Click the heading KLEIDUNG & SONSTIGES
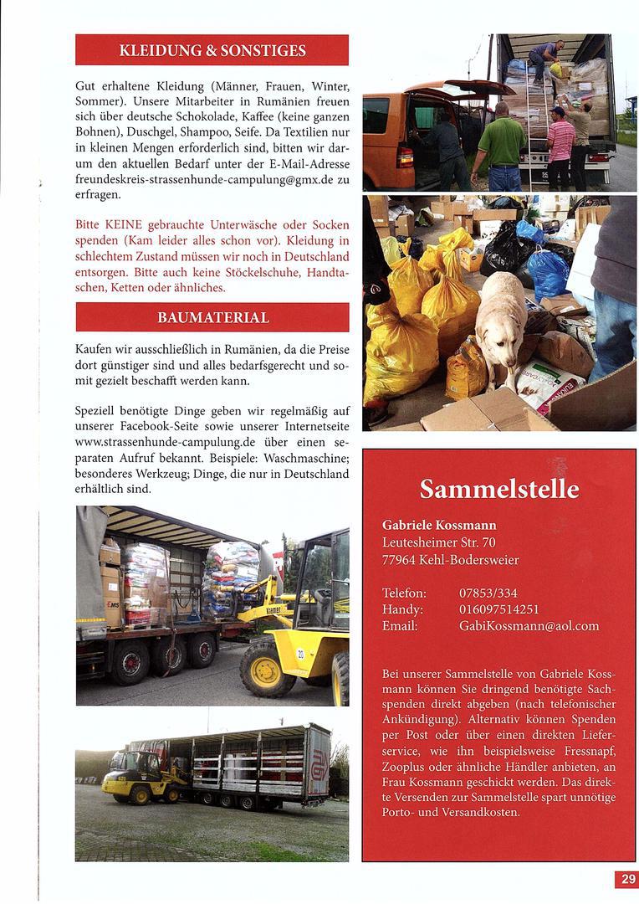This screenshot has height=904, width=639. (x=212, y=50)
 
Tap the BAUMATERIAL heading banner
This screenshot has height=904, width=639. (x=212, y=317)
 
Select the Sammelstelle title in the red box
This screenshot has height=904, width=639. (x=498, y=488)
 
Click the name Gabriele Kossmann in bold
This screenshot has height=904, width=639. (x=439, y=525)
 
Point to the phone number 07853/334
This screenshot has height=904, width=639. (x=488, y=593)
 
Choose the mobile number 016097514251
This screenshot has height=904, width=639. (x=498, y=609)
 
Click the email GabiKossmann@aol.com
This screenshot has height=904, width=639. (x=529, y=626)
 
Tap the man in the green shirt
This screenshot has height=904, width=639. (x=503, y=146)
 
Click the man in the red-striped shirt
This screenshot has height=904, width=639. (x=560, y=146)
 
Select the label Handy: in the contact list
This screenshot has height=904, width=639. (x=402, y=609)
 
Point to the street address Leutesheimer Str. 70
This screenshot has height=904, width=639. (x=438, y=542)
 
